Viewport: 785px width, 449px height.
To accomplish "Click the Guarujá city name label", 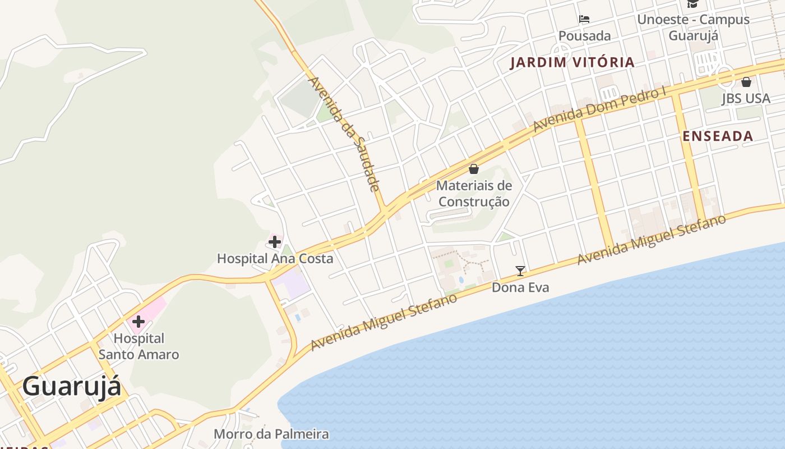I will click(x=71, y=387).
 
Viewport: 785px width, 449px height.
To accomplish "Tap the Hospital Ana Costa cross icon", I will click(x=275, y=242).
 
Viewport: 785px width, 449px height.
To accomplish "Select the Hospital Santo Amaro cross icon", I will click(x=138, y=322).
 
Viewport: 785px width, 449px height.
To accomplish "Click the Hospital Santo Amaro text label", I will click(x=139, y=346).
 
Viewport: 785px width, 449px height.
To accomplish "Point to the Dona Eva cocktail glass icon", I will click(x=520, y=271).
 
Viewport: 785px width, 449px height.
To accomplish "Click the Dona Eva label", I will click(x=520, y=287).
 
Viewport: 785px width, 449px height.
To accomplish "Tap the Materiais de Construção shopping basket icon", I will click(x=474, y=168).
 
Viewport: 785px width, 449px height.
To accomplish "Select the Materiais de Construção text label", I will click(x=474, y=193).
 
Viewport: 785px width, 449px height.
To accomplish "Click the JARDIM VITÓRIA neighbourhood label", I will click(x=572, y=62).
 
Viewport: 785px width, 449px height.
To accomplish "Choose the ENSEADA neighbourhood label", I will click(x=718, y=136).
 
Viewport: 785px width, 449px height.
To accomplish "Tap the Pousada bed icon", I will click(x=584, y=19).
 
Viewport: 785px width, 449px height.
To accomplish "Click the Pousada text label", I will click(x=584, y=36).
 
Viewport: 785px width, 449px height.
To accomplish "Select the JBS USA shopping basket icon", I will click(x=746, y=82).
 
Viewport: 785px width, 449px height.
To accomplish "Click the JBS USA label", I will click(x=746, y=99).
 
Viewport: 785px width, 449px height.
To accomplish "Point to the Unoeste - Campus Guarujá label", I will click(x=693, y=27).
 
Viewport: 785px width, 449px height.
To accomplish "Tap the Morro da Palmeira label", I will click(x=271, y=434).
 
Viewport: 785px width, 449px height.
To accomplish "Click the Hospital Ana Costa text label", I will click(x=275, y=259).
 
